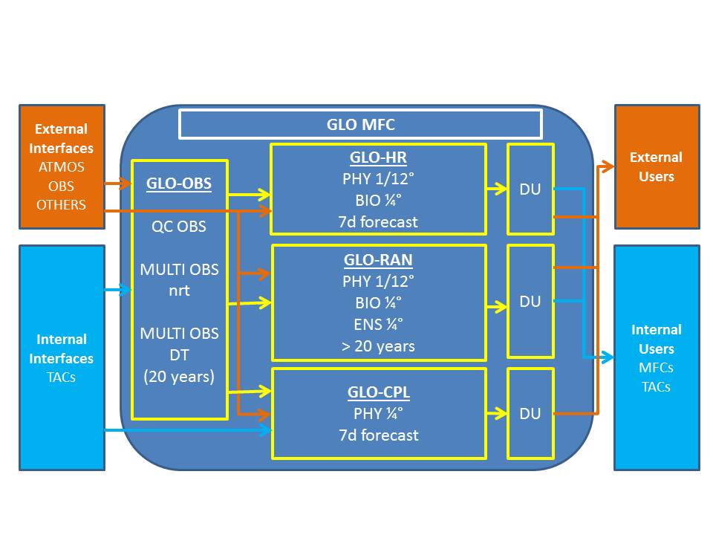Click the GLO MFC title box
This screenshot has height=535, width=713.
pyautogui.click(x=360, y=124)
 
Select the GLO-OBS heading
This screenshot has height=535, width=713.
pyautogui.click(x=178, y=183)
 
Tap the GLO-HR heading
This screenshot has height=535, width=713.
pyautogui.click(x=378, y=158)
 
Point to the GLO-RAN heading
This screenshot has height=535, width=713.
pyautogui.click(x=378, y=261)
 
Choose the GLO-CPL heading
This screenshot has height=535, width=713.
pyautogui.click(x=379, y=392)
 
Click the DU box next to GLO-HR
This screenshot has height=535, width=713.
pyautogui.click(x=530, y=189)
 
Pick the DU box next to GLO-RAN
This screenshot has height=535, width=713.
pyautogui.click(x=530, y=301)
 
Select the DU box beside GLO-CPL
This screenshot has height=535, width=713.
pyautogui.click(x=530, y=414)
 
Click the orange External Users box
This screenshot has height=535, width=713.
pyautogui.click(x=657, y=166)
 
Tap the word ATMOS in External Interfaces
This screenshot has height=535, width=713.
pyautogui.click(x=62, y=167)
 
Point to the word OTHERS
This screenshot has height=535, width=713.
pyautogui.click(x=62, y=205)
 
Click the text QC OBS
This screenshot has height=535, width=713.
pyautogui.click(x=179, y=227)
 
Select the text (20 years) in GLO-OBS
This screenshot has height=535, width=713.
pyautogui.click(x=179, y=377)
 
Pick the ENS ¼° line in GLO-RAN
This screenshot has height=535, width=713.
pyautogui.click(x=378, y=324)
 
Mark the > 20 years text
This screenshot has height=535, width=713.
pyautogui.click(x=378, y=346)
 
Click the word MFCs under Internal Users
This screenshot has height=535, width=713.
pyautogui.click(x=656, y=368)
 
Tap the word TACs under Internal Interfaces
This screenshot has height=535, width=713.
pyautogui.click(x=62, y=377)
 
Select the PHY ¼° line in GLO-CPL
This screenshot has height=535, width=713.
pyautogui.click(x=378, y=413)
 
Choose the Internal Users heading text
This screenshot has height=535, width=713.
pyautogui.click(x=656, y=339)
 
